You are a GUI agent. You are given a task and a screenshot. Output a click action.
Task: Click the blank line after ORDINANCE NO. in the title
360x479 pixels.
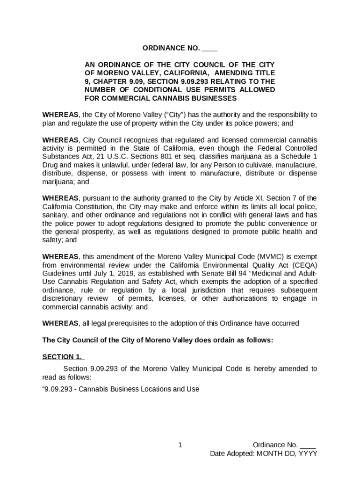click(210, 49)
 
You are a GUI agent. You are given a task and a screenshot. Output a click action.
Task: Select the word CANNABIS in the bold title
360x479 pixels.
click(184, 98)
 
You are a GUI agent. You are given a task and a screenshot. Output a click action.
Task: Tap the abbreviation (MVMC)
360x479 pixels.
click(270, 256)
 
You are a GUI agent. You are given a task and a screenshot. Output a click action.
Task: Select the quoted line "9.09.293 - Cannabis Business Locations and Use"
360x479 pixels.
click(121, 389)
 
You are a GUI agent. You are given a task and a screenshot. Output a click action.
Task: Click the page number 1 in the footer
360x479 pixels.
click(180, 445)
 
